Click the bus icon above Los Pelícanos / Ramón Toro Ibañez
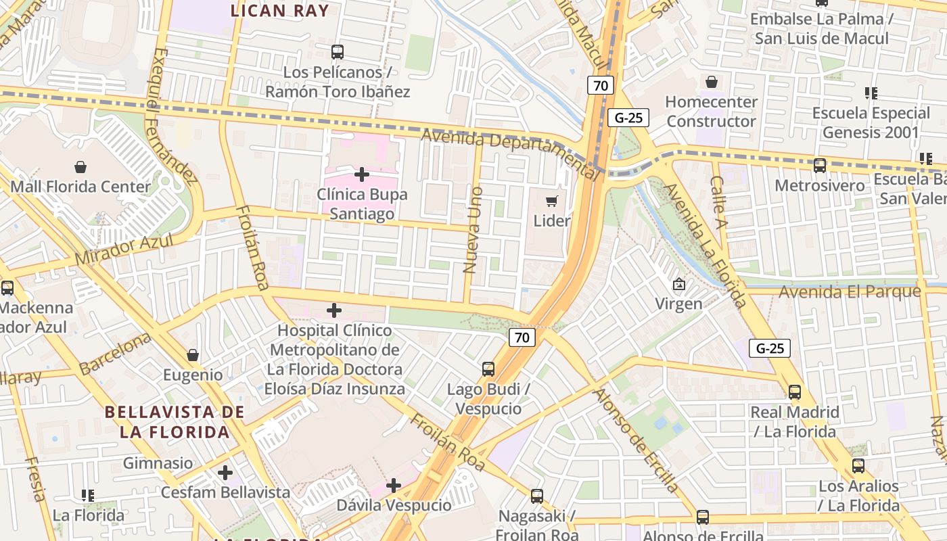click(337, 51)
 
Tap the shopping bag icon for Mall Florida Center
click(80, 167)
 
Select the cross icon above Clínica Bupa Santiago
click(362, 174)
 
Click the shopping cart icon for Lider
click(552, 201)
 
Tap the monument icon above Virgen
click(678, 285)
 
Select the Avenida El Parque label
click(850, 292)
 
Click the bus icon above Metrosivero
click(820, 165)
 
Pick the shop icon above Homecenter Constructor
click(711, 83)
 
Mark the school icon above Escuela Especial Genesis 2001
click(871, 93)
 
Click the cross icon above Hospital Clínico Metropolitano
click(333, 310)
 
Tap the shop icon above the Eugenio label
click(193, 355)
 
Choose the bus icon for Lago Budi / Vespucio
click(488, 369)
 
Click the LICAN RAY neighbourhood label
click(280, 11)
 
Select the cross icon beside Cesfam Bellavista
click(225, 472)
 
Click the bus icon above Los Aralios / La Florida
click(858, 465)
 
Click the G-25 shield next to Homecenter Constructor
click(628, 118)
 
